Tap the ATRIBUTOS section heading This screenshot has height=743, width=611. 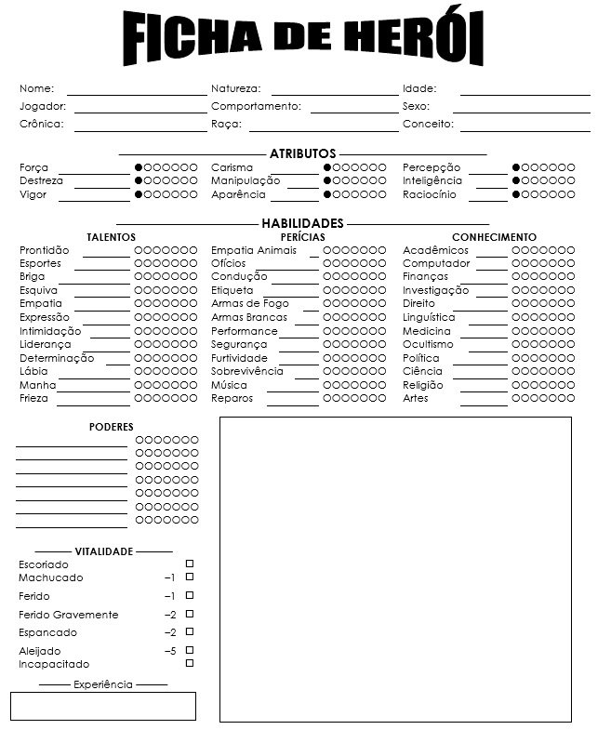pyautogui.click(x=302, y=153)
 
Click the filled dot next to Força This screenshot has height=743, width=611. pyautogui.click(x=139, y=167)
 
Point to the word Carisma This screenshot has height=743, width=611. pyautogui.click(x=232, y=167)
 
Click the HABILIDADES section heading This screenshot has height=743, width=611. pyautogui.click(x=302, y=223)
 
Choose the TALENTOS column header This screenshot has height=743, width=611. pyautogui.click(x=111, y=238)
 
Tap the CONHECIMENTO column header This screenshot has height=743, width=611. pyautogui.click(x=494, y=238)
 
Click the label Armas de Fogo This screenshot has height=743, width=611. pyautogui.click(x=249, y=304)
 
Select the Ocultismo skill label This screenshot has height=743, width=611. pyautogui.click(x=428, y=345)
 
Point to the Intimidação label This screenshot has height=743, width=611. pyautogui.click(x=50, y=331)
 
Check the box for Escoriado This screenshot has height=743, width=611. pyautogui.click(x=190, y=564)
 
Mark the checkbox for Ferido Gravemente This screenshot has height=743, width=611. pyautogui.click(x=190, y=614)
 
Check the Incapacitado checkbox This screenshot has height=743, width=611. pyautogui.click(x=190, y=663)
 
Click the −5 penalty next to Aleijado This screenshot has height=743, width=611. pyautogui.click(x=169, y=651)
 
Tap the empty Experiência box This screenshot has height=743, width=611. pyautogui.click(x=103, y=706)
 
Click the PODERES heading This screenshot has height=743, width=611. pyautogui.click(x=112, y=427)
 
